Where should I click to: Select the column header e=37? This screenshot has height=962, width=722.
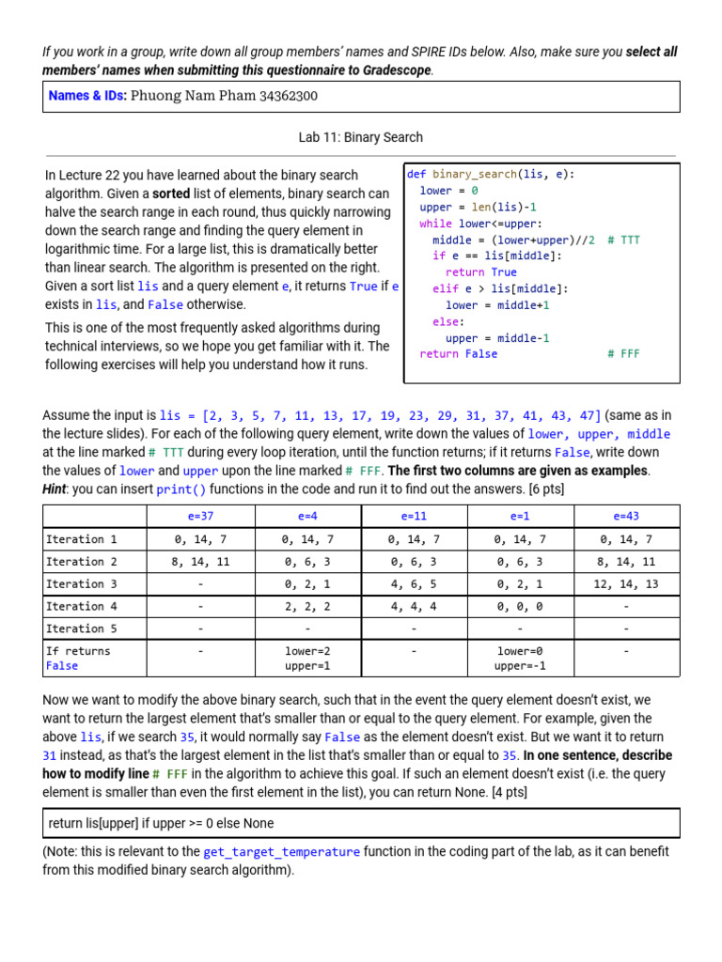click(199, 516)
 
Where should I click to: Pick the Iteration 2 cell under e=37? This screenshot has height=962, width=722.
click(199, 561)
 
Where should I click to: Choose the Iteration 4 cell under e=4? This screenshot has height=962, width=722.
click(306, 606)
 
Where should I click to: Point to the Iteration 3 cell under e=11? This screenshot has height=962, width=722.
click(414, 583)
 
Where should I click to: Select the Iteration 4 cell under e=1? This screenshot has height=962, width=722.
click(520, 606)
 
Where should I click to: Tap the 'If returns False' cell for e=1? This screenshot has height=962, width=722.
click(520, 658)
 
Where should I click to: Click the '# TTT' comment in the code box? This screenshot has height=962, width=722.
click(623, 240)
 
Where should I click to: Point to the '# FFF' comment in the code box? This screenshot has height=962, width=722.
click(623, 354)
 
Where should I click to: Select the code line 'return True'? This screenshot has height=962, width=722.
click(480, 272)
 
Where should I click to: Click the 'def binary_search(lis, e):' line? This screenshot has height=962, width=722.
click(491, 174)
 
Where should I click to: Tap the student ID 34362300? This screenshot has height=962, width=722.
click(288, 96)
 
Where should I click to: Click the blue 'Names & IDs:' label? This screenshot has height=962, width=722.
click(87, 96)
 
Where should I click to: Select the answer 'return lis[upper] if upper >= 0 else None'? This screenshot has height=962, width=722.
click(161, 823)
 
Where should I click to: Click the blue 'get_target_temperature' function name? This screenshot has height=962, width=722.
click(281, 851)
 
